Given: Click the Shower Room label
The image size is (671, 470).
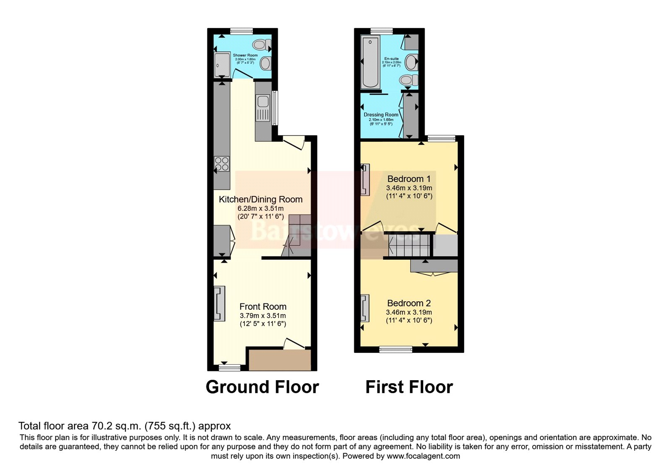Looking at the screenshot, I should pyautogui.click(x=245, y=55).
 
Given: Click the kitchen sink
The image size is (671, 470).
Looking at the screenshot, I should pyautogui.click(x=263, y=102).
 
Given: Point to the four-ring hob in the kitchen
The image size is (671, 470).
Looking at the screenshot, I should pyautogui.click(x=222, y=164).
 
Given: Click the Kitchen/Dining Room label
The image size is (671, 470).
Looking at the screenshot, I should pyautogui.click(x=260, y=199).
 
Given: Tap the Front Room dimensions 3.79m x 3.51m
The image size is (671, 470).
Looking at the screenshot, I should pyautogui.click(x=263, y=316).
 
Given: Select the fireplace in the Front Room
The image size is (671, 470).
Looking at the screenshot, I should pyautogui.click(x=219, y=303).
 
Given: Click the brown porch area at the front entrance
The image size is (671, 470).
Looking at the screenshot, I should pyautogui.click(x=280, y=360).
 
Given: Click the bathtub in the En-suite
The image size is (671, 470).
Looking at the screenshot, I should pyautogui.click(x=370, y=62).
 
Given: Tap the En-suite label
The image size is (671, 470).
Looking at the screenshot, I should pyautogui.click(x=391, y=59).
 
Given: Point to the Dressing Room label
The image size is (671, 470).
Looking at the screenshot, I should pyautogui.click(x=381, y=115).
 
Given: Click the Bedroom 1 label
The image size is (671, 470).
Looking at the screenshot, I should pyautogui.click(x=409, y=179).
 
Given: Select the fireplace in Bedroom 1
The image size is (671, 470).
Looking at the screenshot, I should pyautogui.click(x=365, y=180).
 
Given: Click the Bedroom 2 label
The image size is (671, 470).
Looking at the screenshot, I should pyautogui.click(x=409, y=303).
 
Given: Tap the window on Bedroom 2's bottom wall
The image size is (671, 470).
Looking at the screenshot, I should pyautogui.click(x=395, y=349).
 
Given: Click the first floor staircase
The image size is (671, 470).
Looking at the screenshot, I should pyautogui.click(x=409, y=245).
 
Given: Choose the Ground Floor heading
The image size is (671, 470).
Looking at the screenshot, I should pyautogui.click(x=262, y=387).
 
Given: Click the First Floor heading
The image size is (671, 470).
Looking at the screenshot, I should pyautogui.click(x=409, y=387).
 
